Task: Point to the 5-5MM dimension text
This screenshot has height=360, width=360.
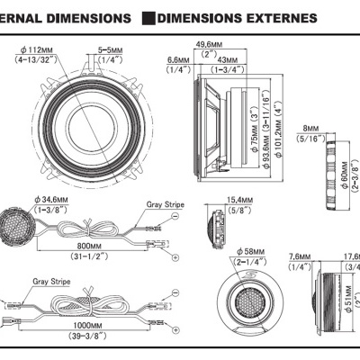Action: click(x=110, y=50)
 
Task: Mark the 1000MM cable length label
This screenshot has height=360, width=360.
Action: click(x=89, y=325)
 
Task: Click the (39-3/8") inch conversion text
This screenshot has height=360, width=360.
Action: click(x=89, y=336)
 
